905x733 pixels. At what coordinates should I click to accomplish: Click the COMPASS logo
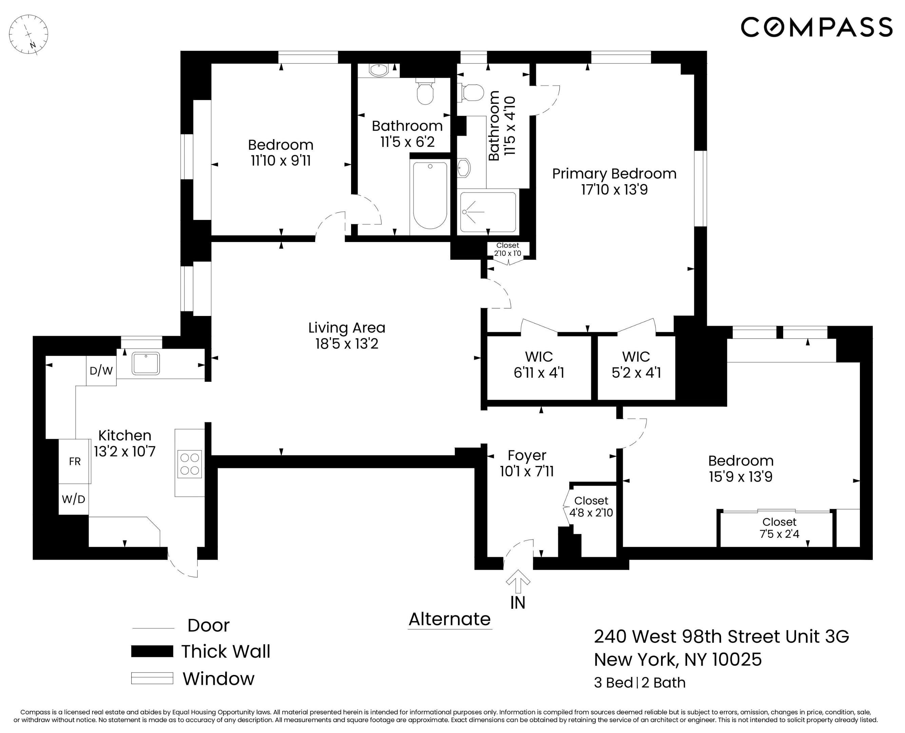tap(816, 27)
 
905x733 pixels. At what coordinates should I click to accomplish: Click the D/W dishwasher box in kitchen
tap(101, 371)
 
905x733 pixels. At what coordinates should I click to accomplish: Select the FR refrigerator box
tap(75, 462)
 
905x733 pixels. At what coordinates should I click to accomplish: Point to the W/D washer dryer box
tap(74, 500)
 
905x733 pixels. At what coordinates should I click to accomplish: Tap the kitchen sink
tap(146, 363)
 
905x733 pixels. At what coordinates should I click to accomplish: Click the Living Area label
tap(347, 328)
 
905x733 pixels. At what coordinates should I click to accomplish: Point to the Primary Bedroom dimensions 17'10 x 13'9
tap(614, 190)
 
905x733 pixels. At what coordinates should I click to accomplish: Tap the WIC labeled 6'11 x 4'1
tap(539, 365)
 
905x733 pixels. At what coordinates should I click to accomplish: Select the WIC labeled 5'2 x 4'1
tap(636, 365)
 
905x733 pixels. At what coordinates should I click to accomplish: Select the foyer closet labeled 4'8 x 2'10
tap(591, 507)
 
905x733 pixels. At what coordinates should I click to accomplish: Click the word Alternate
tap(449, 619)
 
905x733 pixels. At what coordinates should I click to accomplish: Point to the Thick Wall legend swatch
tap(152, 651)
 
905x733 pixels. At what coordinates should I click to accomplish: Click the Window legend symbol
tap(152, 678)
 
